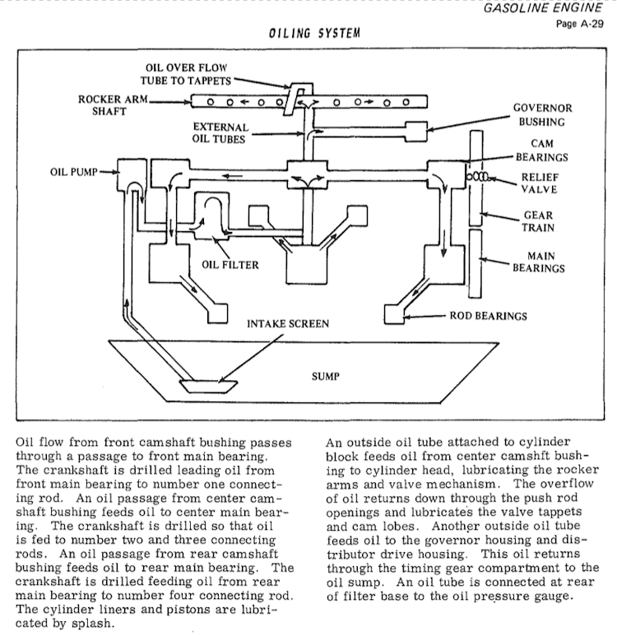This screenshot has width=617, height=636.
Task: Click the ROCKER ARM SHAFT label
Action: coord(104,106)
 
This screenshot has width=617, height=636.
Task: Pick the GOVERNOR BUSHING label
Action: coord(543,114)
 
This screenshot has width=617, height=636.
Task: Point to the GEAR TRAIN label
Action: coord(538,221)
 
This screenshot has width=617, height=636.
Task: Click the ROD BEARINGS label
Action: coord(489,315)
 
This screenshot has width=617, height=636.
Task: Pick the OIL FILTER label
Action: coord(230,265)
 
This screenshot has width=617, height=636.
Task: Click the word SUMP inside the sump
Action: coord(327,378)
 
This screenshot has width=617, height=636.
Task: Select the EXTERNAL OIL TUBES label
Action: coord(220,133)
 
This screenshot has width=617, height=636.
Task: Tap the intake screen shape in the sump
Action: coord(211,384)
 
